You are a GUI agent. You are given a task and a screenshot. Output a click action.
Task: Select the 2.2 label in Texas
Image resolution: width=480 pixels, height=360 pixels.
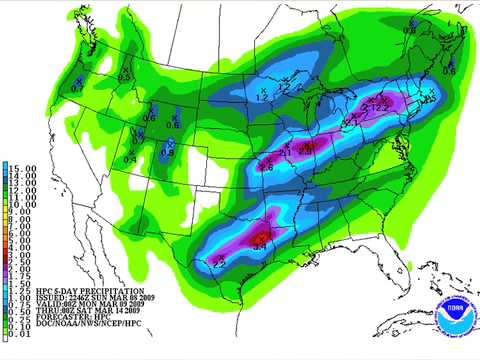tap(220, 262)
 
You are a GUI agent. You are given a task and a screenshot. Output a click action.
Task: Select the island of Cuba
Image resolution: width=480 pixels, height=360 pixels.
tap(400, 330)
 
